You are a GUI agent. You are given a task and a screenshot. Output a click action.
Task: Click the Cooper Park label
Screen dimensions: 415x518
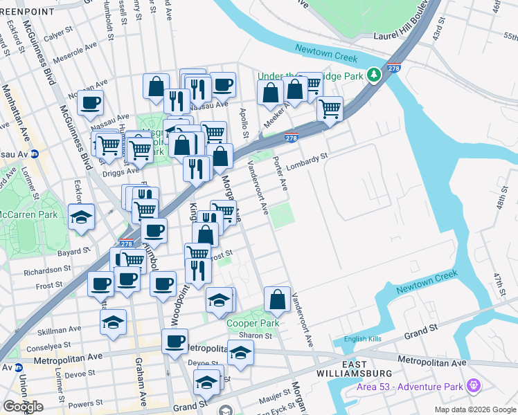[253, 323]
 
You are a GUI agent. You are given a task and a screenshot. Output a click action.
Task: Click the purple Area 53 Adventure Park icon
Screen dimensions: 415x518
[474, 385]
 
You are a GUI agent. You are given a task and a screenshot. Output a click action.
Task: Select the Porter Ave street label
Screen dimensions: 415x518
[280, 173]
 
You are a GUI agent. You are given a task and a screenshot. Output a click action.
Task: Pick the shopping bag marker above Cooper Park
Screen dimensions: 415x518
[277, 299]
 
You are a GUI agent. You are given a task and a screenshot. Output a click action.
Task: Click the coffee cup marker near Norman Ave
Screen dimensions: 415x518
[90, 103]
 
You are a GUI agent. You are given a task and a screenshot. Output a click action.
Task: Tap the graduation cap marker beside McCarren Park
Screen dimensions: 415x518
[81, 216]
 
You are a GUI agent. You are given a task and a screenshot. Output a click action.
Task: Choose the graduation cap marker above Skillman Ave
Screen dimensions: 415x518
[113, 322]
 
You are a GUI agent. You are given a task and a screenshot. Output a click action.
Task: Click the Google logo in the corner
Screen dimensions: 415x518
[23, 407]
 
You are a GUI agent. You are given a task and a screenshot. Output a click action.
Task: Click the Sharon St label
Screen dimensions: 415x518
[256, 335]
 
